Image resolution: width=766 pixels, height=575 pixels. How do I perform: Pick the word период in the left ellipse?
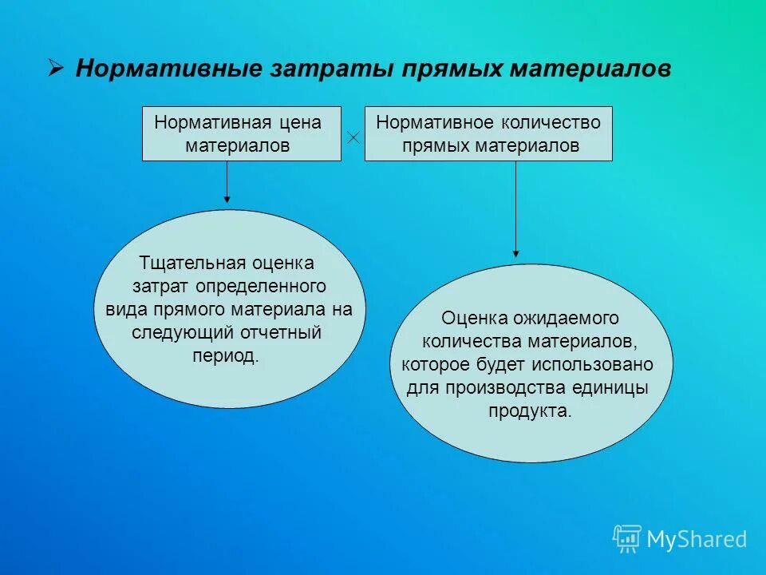coord(226,355)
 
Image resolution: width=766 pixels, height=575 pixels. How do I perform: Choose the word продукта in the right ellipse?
coord(530,411)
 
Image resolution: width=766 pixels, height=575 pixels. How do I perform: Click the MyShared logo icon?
coord(627,539)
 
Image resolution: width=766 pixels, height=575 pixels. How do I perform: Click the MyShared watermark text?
coord(697,540)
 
